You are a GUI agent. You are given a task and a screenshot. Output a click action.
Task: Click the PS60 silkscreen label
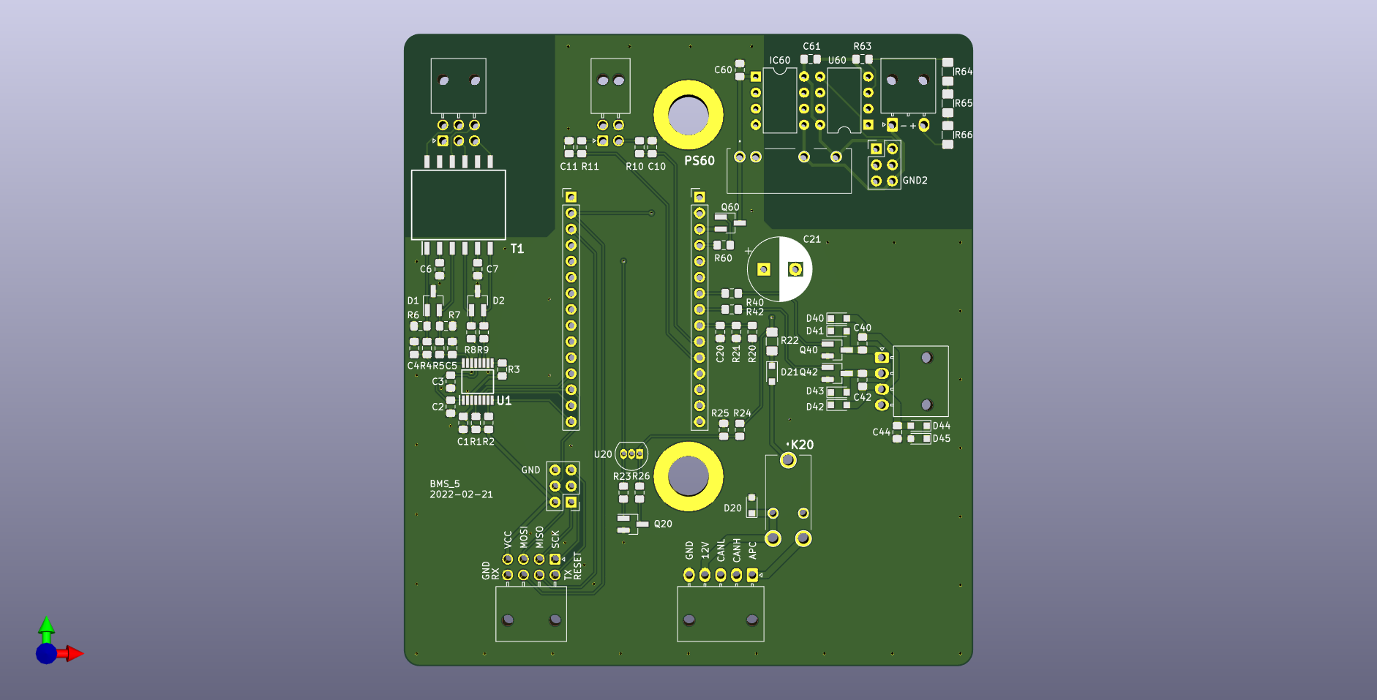(699, 161)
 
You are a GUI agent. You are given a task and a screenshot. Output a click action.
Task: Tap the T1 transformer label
(517, 249)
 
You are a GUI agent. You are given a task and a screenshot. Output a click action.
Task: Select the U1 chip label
(504, 401)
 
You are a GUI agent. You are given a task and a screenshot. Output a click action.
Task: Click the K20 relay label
(802, 445)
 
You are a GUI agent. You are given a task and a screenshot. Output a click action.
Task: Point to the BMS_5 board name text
(445, 484)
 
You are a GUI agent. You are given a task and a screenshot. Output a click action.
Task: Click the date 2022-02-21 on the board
(461, 494)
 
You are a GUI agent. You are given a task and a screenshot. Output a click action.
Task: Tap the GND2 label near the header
(915, 181)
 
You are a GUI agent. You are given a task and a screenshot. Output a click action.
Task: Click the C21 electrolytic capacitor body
(780, 269)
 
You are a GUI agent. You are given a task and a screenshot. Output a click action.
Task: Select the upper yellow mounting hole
(688, 116)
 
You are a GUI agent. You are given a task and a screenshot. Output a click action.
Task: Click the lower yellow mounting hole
(688, 476)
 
